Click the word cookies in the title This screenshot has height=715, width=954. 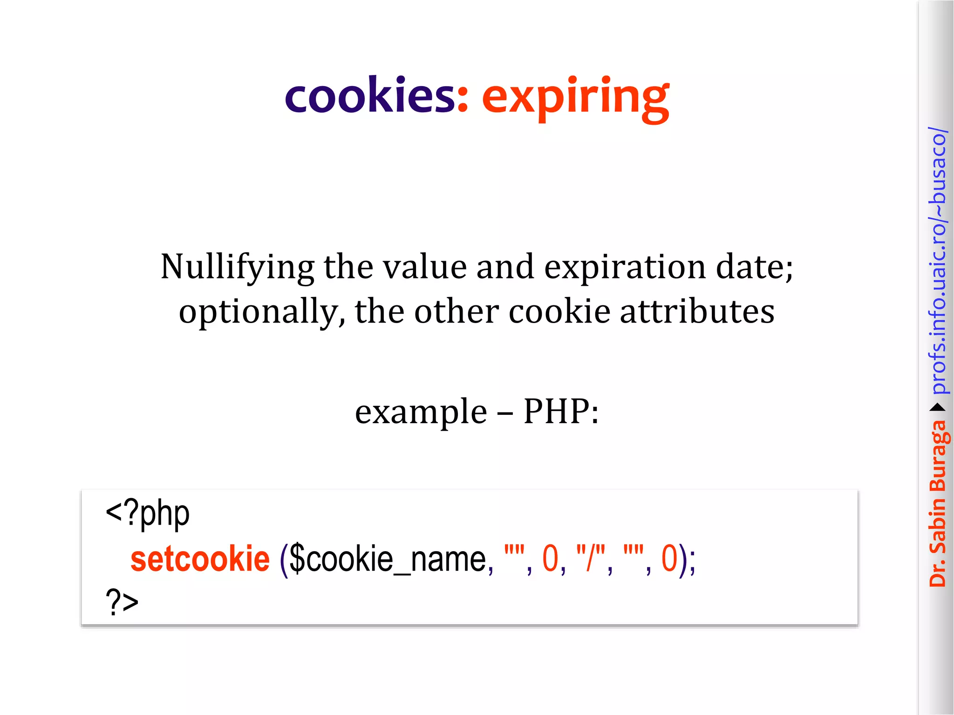(369, 95)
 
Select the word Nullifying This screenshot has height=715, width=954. (237, 268)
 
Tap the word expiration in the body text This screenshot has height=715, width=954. (625, 268)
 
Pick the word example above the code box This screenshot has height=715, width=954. (421, 411)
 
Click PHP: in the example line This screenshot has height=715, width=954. (561, 411)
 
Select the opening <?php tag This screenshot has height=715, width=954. (147, 514)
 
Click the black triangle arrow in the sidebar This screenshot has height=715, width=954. (938, 408)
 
